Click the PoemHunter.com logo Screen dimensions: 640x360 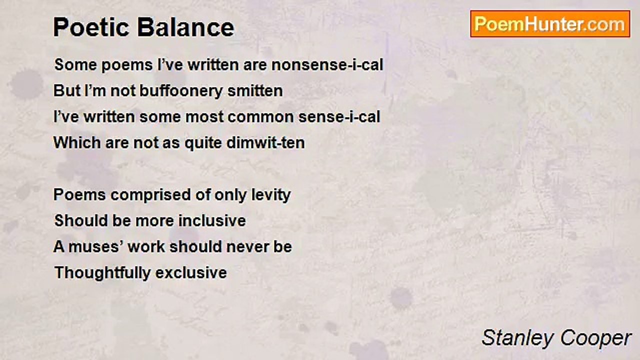(550, 24)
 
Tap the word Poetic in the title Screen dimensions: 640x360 (91, 27)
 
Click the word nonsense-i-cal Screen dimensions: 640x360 (327, 64)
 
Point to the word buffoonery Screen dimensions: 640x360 (181, 91)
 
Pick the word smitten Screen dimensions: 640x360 (255, 91)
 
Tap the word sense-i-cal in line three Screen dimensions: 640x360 (339, 117)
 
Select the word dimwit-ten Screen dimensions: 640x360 (265, 142)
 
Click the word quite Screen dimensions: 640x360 (203, 143)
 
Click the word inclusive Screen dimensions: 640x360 (212, 221)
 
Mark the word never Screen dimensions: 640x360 (247, 247)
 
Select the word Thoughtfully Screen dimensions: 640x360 (102, 273)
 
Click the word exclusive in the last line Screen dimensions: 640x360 (191, 273)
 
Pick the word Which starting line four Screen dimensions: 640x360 (77, 142)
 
